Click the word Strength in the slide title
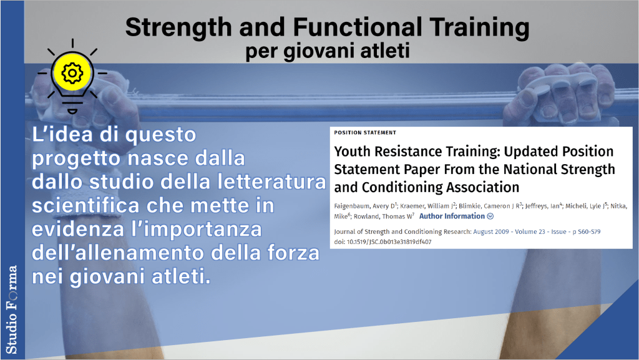point(178,28)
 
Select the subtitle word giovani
point(318,51)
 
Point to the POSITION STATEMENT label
point(364,132)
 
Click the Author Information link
point(452,216)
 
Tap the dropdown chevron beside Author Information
point(490,216)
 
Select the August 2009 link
point(490,231)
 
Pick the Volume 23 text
point(530,231)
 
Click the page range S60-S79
point(589,231)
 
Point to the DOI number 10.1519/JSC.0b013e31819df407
point(389,242)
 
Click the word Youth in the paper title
point(352,152)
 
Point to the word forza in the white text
point(293,253)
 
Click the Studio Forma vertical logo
point(11,309)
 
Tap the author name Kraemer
point(412,206)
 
